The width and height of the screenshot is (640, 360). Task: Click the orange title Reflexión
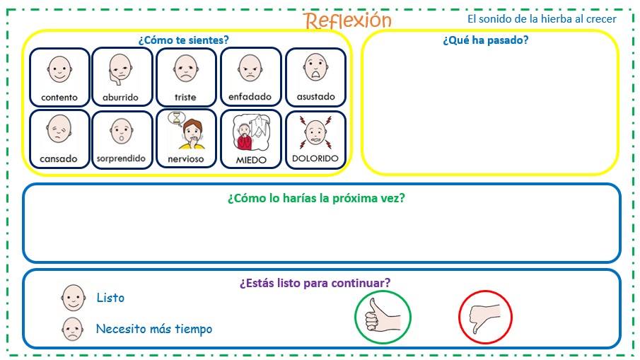pos(347,20)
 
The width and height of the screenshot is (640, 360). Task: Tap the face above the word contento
pos(59,69)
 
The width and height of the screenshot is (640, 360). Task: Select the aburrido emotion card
pos(120,76)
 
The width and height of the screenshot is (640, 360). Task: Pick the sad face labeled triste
pos(185,69)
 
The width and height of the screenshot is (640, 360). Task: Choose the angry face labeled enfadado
pos(250,69)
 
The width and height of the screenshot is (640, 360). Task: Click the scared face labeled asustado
pos(315,68)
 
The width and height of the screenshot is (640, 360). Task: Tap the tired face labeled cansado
pos(59,131)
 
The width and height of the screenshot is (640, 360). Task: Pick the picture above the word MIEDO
pos(251,132)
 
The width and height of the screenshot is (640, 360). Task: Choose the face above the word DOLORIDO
pos(315,131)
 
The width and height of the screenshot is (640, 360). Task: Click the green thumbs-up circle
pos(383,316)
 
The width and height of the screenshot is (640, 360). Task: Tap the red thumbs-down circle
pos(485,316)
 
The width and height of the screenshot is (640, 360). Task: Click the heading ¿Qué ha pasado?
pos(485,40)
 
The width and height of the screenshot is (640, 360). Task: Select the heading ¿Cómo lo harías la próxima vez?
pos(316,198)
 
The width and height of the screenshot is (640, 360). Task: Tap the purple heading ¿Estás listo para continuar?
pos(315,283)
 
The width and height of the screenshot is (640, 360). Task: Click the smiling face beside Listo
pos(73,298)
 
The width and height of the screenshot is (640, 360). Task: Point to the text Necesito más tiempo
pos(153,329)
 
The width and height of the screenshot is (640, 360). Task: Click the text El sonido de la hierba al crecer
pos(542,19)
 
